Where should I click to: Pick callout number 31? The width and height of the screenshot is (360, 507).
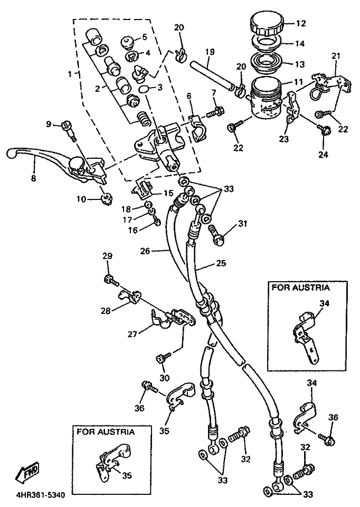242,224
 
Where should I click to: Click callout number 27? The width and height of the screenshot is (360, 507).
132,333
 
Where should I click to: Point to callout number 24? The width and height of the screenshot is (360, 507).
322,155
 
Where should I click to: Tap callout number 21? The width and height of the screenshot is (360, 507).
336,56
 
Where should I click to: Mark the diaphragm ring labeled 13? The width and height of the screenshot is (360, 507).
267,64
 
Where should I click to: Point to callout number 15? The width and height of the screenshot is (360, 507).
167,193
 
